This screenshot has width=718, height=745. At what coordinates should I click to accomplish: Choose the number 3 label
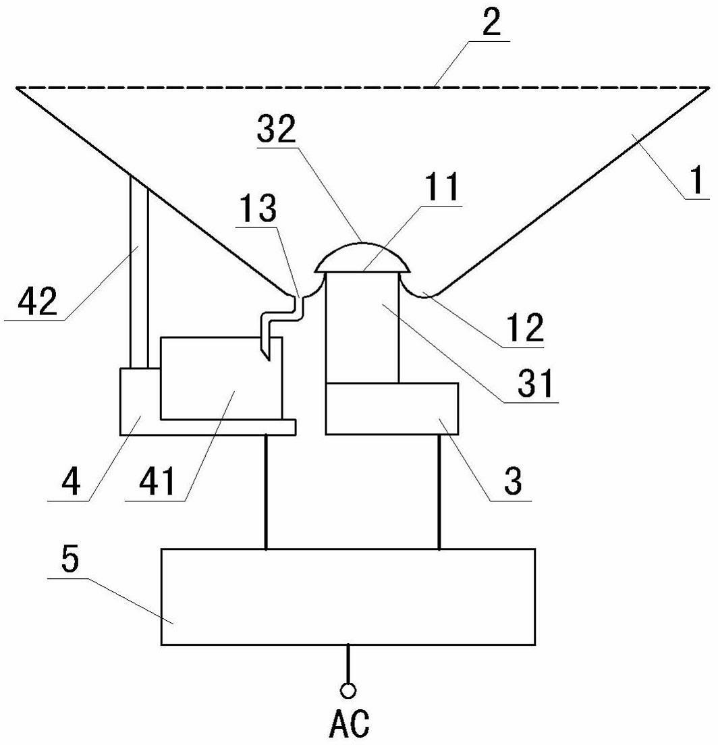[x=514, y=481]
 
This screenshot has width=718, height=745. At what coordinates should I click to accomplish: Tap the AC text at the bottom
[x=349, y=723]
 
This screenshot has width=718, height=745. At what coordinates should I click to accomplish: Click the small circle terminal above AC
[x=348, y=690]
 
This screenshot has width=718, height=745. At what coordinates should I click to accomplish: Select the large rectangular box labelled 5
[x=348, y=597]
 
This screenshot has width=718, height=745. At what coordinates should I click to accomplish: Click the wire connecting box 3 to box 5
[x=439, y=491]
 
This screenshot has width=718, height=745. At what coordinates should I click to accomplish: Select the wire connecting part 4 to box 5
[x=267, y=491]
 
